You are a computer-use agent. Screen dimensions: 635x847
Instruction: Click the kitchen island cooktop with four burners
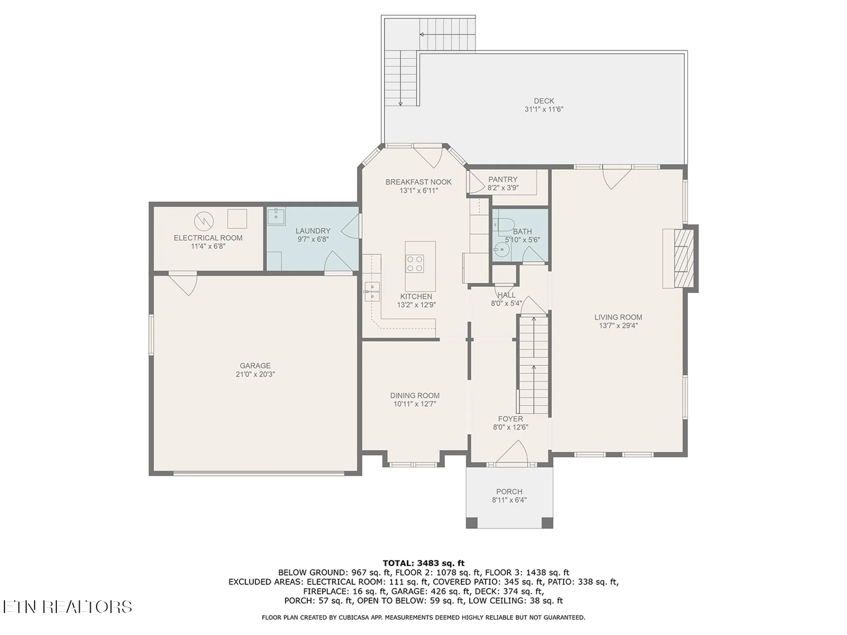click(x=415, y=263)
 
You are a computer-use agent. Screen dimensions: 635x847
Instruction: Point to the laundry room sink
click(x=276, y=216)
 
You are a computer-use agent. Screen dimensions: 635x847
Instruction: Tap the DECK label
click(x=544, y=101)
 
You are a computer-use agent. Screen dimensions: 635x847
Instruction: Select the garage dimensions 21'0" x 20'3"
click(x=255, y=374)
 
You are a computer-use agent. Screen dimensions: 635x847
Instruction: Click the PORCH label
click(x=509, y=491)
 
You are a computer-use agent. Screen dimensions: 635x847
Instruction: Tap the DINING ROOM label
click(x=415, y=395)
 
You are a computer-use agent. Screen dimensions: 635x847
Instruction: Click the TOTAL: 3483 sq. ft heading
click(x=423, y=563)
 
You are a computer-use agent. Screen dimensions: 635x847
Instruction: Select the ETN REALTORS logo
click(x=68, y=607)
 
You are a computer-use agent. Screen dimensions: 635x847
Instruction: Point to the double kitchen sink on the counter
click(x=372, y=292)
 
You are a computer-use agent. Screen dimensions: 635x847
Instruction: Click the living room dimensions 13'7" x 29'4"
click(x=618, y=326)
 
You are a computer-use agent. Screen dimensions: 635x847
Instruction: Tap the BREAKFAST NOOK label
click(x=418, y=182)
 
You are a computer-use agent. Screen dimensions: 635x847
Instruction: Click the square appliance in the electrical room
click(x=237, y=218)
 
